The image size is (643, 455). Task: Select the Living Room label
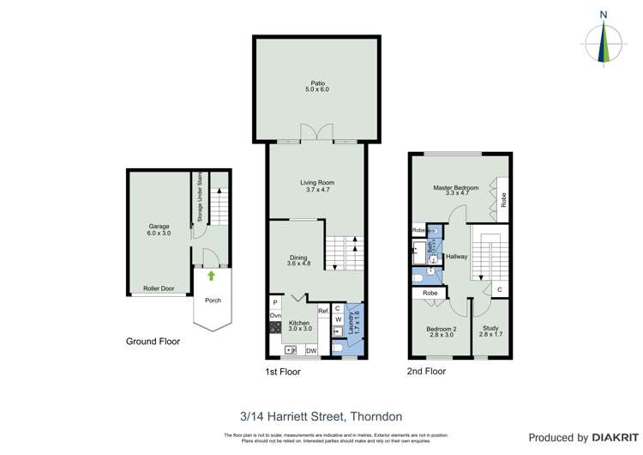tap(316, 185)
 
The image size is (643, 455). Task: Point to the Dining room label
tap(297, 259)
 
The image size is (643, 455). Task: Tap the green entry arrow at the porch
tap(211, 276)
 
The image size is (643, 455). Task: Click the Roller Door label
tap(159, 288)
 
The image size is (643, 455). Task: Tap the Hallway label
tap(456, 256)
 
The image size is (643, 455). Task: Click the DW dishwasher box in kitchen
tap(311, 349)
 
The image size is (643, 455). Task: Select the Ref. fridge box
tap(323, 311)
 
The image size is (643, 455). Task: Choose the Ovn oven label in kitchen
tap(275, 316)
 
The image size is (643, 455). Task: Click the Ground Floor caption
tap(153, 341)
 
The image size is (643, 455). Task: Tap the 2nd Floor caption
tap(426, 372)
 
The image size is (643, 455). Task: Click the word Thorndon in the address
tap(375, 416)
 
